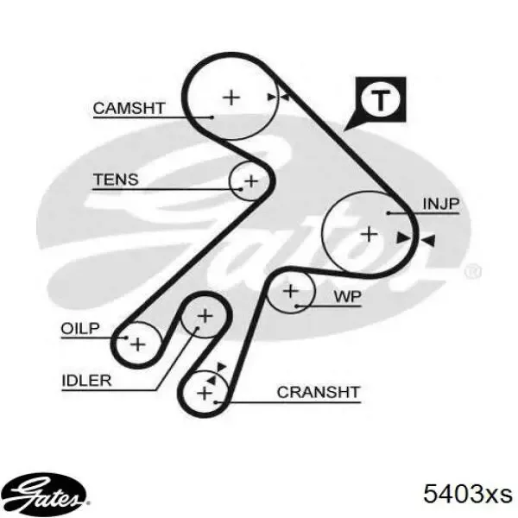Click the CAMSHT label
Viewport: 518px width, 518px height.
click(x=129, y=108)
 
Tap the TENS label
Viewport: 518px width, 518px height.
click(x=116, y=180)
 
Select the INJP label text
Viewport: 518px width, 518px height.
click(x=440, y=204)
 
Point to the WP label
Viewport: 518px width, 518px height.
click(x=347, y=297)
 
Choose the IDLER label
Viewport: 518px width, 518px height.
click(x=85, y=381)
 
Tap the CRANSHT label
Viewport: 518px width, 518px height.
click(x=318, y=393)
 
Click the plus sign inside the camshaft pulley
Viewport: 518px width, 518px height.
click(x=231, y=97)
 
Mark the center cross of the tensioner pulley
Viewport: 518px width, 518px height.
click(x=250, y=181)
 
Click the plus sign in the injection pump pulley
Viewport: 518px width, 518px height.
click(x=369, y=233)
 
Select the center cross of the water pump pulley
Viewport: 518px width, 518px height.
click(x=292, y=292)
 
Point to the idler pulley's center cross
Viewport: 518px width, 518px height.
click(x=205, y=317)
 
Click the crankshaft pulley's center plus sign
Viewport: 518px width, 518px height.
click(x=205, y=394)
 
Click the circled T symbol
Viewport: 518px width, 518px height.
click(x=381, y=100)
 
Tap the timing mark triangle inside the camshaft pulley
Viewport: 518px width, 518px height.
click(x=273, y=98)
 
